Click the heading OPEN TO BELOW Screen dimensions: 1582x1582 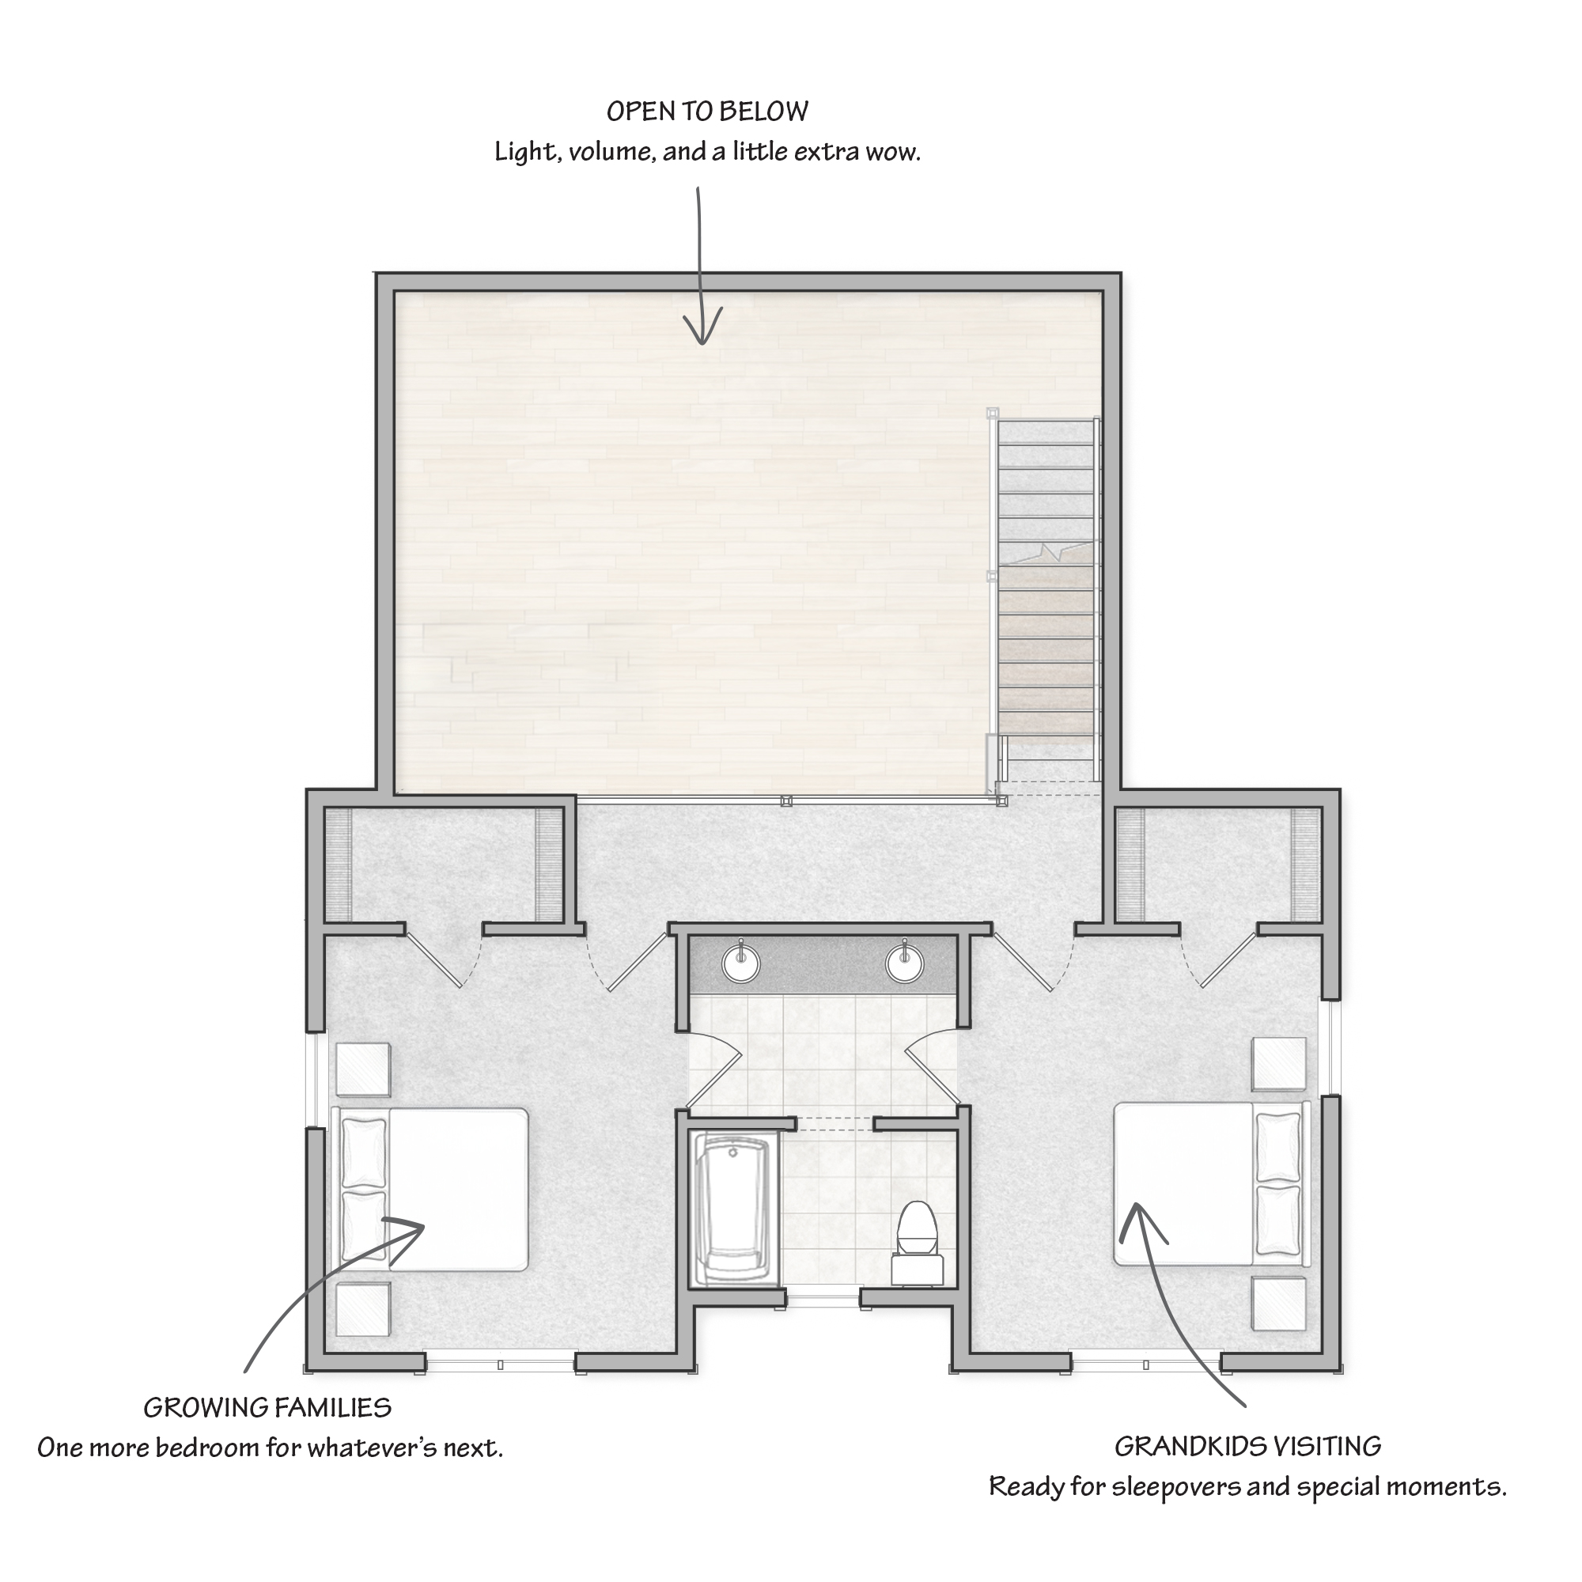point(707,112)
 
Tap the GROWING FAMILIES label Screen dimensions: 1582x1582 point(268,1408)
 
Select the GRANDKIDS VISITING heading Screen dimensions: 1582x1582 point(1248,1446)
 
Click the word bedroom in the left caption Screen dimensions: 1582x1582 point(209,1448)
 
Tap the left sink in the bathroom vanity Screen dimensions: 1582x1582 point(742,962)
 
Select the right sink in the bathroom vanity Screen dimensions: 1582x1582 point(905,962)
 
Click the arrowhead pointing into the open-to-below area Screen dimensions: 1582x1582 point(702,327)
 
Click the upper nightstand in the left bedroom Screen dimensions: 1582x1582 point(363,1069)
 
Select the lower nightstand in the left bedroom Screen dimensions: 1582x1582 point(363,1308)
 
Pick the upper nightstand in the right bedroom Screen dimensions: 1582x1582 point(1279,1064)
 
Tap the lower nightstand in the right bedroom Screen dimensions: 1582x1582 point(1279,1304)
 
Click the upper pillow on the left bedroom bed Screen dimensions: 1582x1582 point(363,1152)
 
